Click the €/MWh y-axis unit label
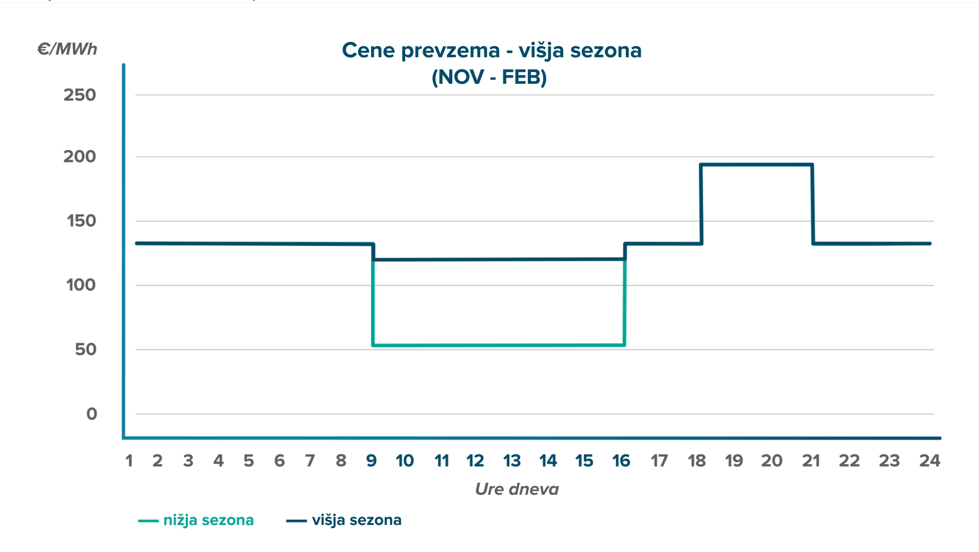click(67, 49)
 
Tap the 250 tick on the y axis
click(80, 95)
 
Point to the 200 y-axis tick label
click(80, 157)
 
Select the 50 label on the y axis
click(86, 350)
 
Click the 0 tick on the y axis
click(92, 414)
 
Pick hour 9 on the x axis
click(372, 461)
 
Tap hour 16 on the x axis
click(621, 461)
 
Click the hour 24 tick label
click(929, 461)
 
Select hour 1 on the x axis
click(129, 461)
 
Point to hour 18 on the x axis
click(697, 461)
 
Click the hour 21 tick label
click(811, 461)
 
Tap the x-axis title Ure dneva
click(517, 489)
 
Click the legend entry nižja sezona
click(208, 520)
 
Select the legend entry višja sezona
click(356, 520)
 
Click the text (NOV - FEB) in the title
click(489, 77)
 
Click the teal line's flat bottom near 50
click(499, 346)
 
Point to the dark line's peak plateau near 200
click(756, 164)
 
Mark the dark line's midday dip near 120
click(499, 259)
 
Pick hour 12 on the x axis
click(475, 461)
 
